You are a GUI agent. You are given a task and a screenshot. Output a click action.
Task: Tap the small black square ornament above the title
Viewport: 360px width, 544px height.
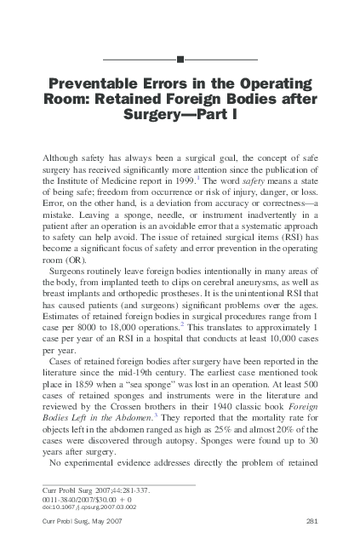point(180,59)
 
